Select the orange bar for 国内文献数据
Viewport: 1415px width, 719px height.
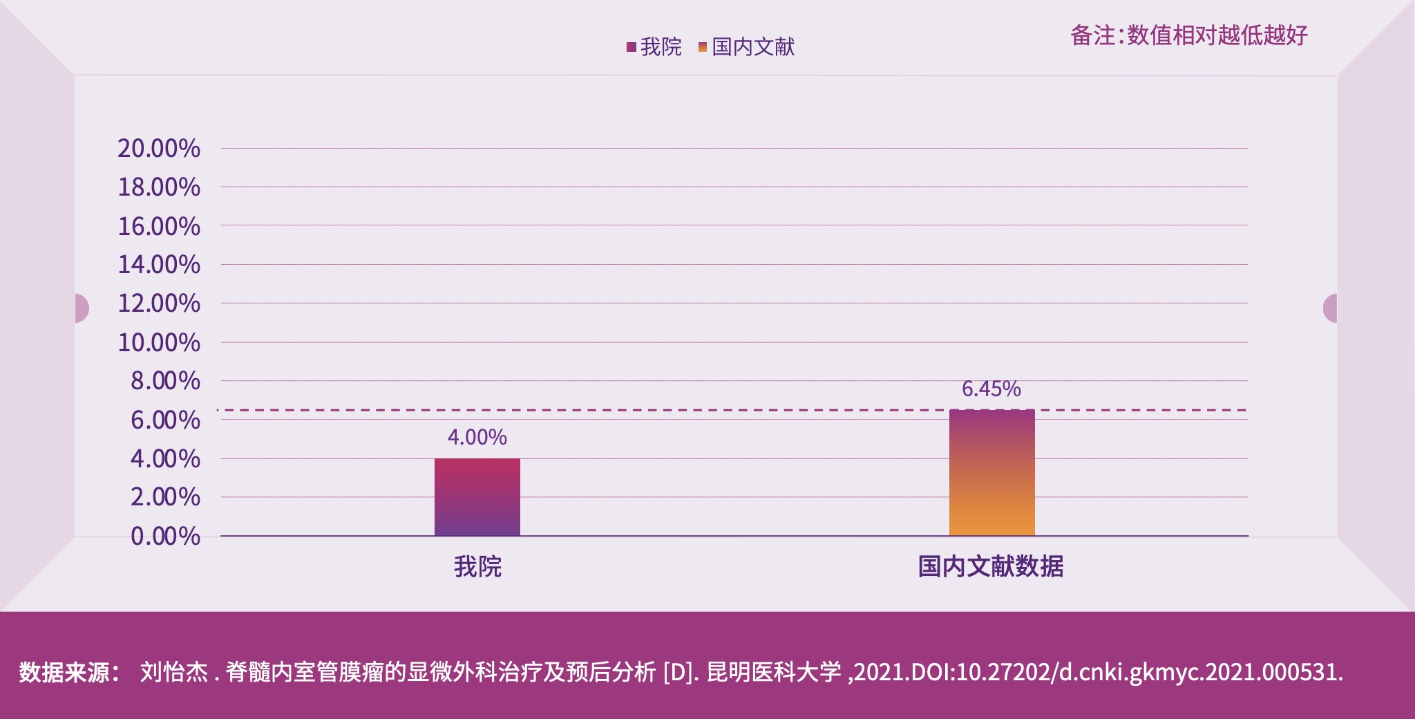click(x=991, y=473)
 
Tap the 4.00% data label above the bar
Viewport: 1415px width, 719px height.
click(x=477, y=437)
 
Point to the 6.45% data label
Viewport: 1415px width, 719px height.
click(x=991, y=389)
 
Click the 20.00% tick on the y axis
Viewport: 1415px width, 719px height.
click(x=158, y=148)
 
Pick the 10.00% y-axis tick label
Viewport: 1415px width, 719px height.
click(x=158, y=342)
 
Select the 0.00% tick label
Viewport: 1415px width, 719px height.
click(x=165, y=536)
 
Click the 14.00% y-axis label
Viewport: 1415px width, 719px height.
click(x=158, y=264)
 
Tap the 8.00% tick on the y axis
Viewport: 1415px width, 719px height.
click(x=165, y=380)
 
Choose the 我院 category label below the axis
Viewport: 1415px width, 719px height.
click(x=477, y=567)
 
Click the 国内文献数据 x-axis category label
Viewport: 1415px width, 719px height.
click(x=990, y=567)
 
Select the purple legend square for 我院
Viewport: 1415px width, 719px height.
click(x=631, y=47)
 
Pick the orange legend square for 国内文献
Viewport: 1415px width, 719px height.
click(x=703, y=47)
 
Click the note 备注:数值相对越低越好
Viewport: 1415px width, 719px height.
click(x=1188, y=35)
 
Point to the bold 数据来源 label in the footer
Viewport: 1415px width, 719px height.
click(x=69, y=672)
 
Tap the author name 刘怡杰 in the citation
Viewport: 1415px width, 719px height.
click(x=173, y=672)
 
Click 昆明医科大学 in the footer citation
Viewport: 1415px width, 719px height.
click(x=774, y=672)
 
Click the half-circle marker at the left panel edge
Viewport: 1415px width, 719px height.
click(x=82, y=308)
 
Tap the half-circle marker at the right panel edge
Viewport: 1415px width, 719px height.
click(x=1331, y=308)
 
